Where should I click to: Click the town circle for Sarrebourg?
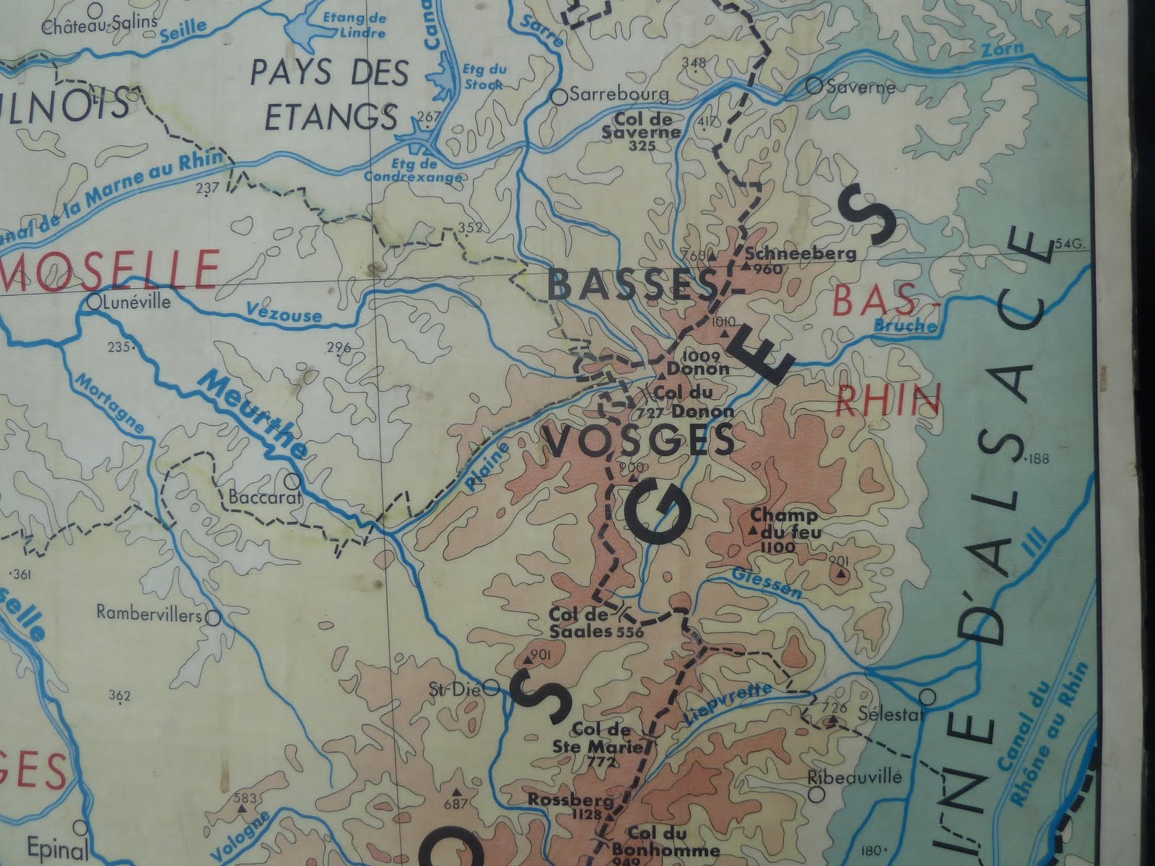click(559, 95)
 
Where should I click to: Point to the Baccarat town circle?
click(292, 480)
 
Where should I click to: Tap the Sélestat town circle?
click(930, 696)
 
